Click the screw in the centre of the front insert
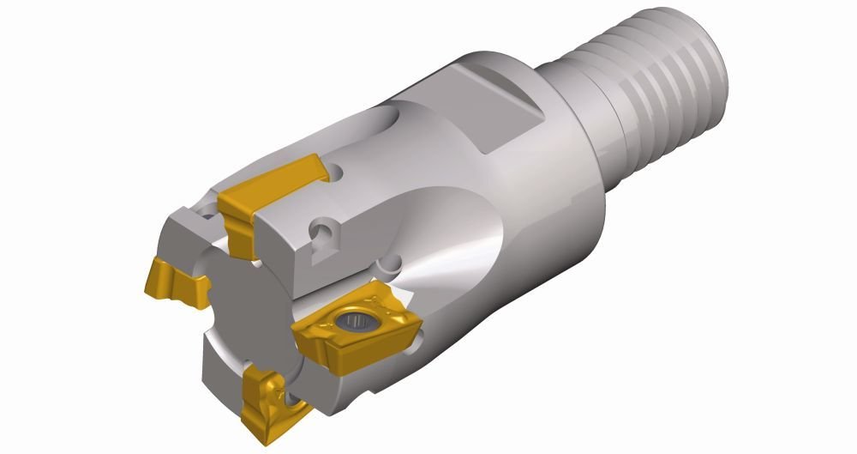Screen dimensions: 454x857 pyautogui.click(x=353, y=322)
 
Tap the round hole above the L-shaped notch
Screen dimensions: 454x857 pyautogui.click(x=325, y=231)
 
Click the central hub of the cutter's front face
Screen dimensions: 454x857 pyautogui.click(x=244, y=305)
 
